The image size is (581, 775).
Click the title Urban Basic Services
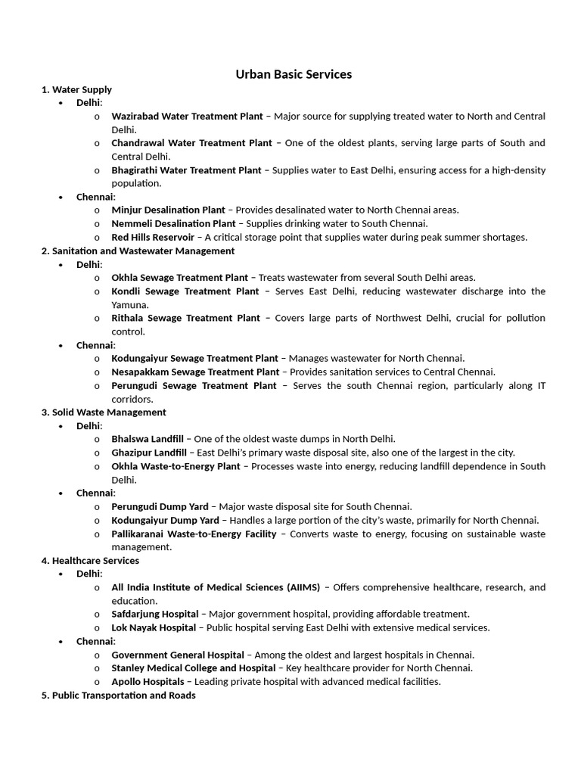tap(294, 74)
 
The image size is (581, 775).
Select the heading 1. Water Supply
tap(76, 89)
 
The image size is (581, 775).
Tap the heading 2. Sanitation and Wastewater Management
tap(138, 251)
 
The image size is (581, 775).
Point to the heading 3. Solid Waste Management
tap(104, 412)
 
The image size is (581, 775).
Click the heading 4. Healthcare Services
tap(90, 561)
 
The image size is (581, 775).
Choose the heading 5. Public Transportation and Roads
tap(118, 695)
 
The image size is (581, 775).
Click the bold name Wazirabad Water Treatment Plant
tap(187, 117)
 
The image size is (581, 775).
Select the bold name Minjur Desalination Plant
tap(168, 210)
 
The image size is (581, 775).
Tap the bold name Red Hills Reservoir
tap(152, 237)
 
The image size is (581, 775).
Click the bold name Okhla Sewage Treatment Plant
tap(179, 278)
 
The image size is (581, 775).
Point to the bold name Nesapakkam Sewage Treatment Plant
tap(194, 372)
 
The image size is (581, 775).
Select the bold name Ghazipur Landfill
tap(149, 453)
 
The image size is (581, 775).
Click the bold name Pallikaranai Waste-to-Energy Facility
tap(194, 534)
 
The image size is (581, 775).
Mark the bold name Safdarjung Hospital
tap(154, 614)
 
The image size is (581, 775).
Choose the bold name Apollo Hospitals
tap(148, 681)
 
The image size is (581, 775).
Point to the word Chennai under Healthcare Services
tap(95, 641)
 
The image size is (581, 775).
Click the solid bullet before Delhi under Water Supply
tap(61, 103)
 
